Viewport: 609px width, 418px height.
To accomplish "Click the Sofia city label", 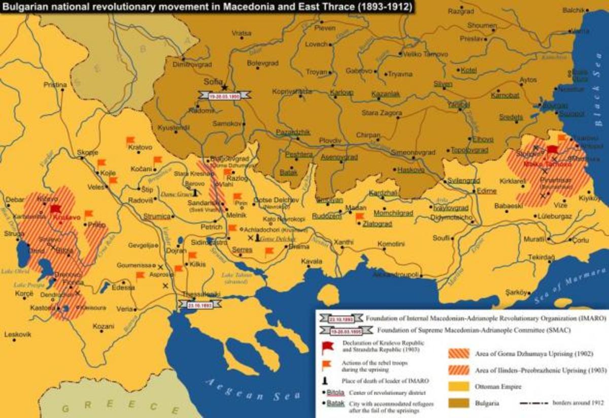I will [x=212, y=80].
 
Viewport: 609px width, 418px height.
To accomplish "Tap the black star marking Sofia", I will [x=224, y=87].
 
